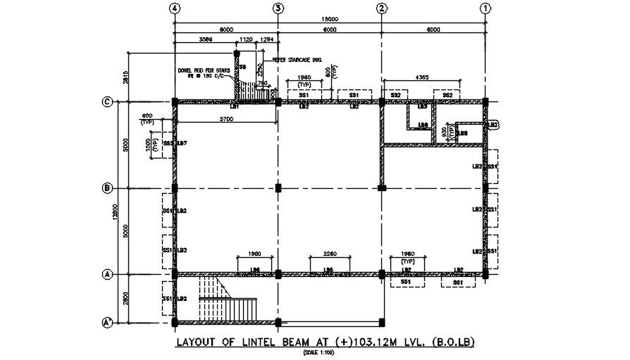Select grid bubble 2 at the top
(381, 8)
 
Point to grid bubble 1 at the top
(485, 8)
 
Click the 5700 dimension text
(226, 119)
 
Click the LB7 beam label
(182, 144)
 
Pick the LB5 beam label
(328, 269)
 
